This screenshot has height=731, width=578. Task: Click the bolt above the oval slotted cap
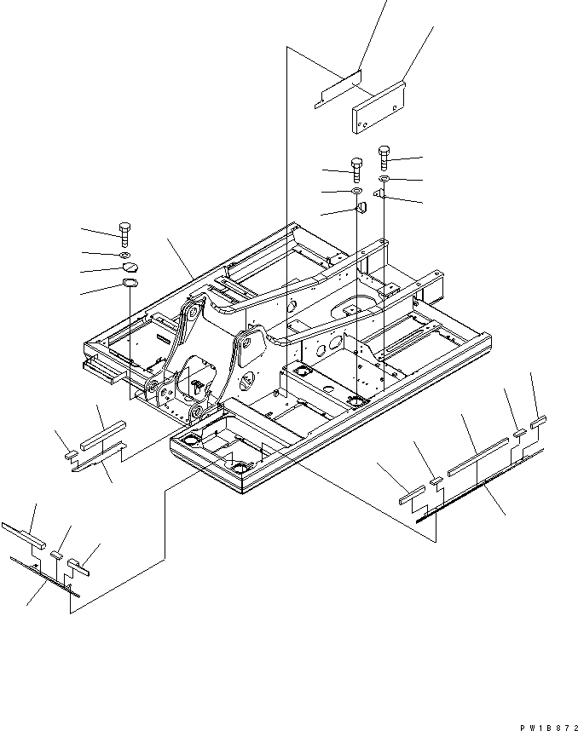click(124, 232)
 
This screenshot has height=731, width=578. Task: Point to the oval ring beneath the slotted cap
click(130, 285)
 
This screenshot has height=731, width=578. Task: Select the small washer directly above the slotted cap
click(125, 255)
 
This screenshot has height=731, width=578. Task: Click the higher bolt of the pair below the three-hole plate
click(384, 156)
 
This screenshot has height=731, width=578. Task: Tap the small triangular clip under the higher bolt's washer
click(381, 196)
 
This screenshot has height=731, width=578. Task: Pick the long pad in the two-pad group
click(103, 433)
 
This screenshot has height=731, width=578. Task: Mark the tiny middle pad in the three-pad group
click(56, 555)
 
